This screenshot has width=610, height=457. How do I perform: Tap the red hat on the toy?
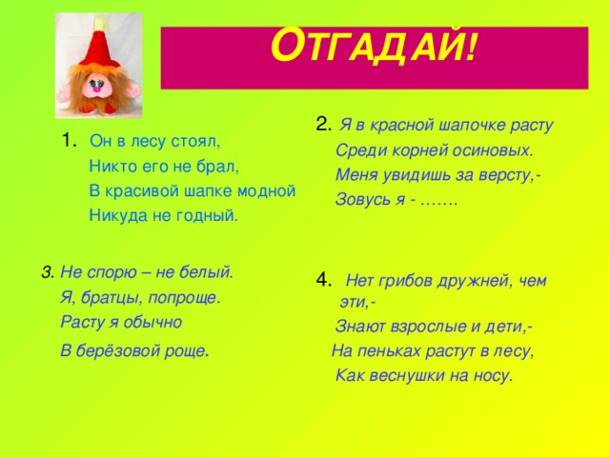click(96, 43)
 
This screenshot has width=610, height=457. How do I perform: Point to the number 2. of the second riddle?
click(322, 123)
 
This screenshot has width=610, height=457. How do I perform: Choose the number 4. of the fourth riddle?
click(323, 279)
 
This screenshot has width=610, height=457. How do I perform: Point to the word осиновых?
click(497, 149)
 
